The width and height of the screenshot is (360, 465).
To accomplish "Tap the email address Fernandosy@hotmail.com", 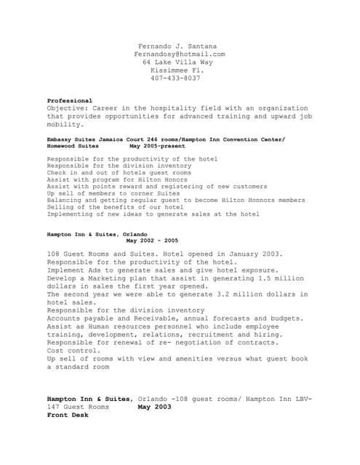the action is click(180, 54).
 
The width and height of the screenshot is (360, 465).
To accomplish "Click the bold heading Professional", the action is click(70, 100).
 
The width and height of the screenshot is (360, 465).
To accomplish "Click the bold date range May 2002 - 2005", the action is click(152, 240).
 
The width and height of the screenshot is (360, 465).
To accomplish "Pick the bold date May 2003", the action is click(154, 407).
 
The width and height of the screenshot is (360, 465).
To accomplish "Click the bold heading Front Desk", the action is click(68, 415).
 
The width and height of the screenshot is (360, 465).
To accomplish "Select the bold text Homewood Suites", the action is click(73, 145).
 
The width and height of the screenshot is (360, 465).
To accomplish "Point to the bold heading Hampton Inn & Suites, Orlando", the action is click(97, 234).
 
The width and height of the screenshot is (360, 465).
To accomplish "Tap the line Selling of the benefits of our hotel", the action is click(116, 206).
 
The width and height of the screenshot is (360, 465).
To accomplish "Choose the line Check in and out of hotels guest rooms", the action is click(119, 174).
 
